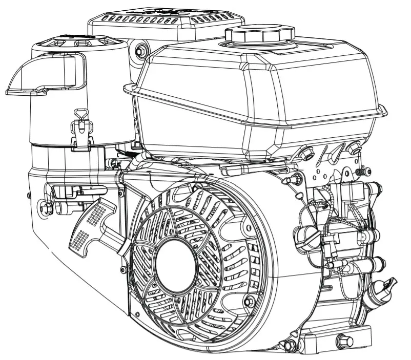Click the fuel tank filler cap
(x=260, y=35)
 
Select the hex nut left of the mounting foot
(x=291, y=344)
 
